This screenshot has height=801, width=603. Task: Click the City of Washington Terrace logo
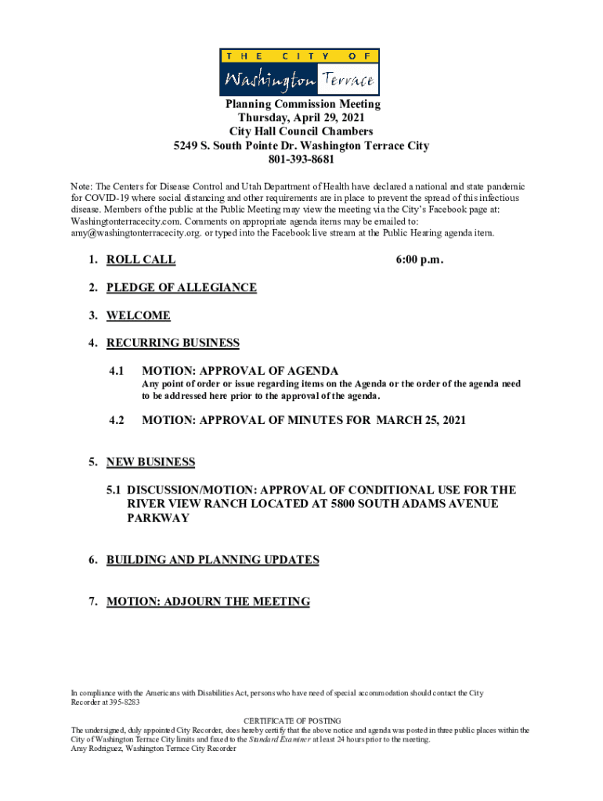point(299,72)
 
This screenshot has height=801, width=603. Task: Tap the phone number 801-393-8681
point(301,160)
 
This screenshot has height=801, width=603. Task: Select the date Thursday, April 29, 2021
point(301,118)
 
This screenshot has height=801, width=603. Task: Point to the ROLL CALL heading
point(141,260)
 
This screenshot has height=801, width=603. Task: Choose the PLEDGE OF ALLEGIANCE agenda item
point(181,288)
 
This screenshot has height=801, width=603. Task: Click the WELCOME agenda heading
point(138,316)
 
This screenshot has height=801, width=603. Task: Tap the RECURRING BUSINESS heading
point(172,343)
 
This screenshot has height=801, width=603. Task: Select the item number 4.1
point(117,371)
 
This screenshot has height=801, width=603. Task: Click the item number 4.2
point(117,421)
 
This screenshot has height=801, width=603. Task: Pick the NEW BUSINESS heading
point(150,462)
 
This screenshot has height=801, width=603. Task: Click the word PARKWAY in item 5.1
point(157,519)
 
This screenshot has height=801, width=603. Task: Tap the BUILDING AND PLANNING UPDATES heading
point(212,560)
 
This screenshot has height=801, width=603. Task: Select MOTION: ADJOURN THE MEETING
point(208,602)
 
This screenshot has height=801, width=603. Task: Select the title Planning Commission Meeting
point(301,104)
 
